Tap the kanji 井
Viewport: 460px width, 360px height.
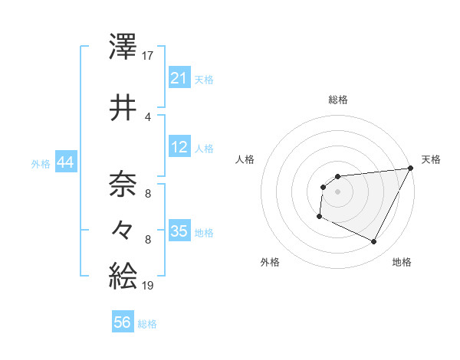click(123, 108)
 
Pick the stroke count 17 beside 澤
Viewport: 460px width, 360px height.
click(149, 54)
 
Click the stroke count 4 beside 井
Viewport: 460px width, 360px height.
click(148, 116)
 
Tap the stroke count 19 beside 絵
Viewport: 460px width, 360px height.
click(149, 285)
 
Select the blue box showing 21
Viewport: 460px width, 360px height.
click(179, 78)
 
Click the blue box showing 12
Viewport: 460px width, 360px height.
click(179, 146)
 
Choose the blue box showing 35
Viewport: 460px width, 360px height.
click(179, 231)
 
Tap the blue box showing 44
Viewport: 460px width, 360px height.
click(65, 162)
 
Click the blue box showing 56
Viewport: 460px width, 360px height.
click(123, 322)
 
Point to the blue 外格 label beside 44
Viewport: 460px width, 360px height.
click(41, 163)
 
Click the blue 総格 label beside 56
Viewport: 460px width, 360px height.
click(147, 324)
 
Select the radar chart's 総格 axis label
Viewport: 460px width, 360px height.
click(337, 100)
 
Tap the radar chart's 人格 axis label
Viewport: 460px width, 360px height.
click(245, 159)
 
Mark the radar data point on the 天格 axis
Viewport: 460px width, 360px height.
click(410, 169)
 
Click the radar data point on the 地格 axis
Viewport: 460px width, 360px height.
click(374, 242)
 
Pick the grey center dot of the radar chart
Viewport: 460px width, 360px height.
click(337, 191)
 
